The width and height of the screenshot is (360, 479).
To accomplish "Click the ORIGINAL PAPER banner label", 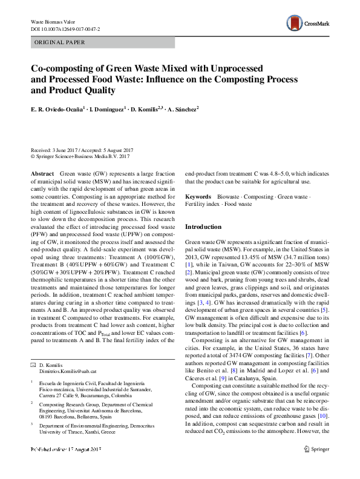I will click(x=59, y=42).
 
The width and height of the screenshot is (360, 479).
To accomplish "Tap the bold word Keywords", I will click(x=198, y=197).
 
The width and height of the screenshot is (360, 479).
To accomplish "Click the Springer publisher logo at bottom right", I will click(x=316, y=466).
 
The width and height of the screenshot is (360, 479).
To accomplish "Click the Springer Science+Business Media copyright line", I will click(x=81, y=156).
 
